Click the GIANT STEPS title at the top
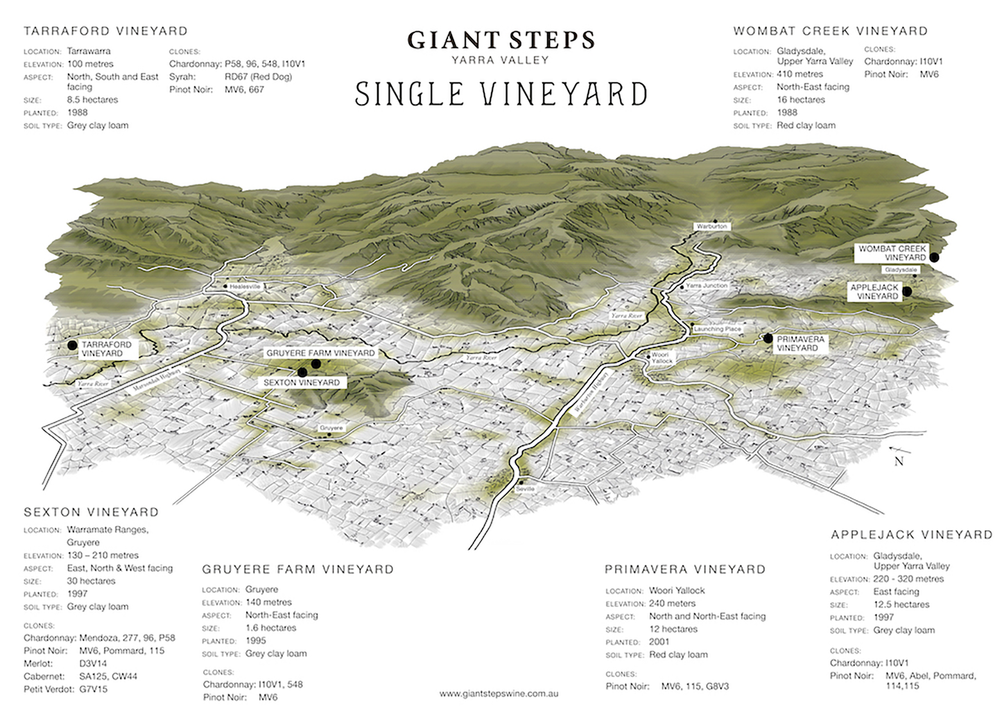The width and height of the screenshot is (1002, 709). point(501,40)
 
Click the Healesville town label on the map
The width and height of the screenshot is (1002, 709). point(243,286)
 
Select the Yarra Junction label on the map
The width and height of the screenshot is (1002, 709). point(706,286)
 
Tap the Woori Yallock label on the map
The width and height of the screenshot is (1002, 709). point(662,358)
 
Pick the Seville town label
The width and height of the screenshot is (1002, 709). point(526,488)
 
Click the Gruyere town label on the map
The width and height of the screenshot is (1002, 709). point(331,428)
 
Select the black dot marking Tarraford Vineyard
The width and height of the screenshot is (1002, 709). point(71,345)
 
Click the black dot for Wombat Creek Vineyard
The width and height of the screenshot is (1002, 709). point(934,257)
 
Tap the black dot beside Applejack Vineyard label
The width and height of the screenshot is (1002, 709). point(908,292)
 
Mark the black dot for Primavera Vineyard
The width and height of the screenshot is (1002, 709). point(768,339)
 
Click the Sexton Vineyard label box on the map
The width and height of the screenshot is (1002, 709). point(301,382)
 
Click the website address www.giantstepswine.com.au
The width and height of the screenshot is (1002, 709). point(499,693)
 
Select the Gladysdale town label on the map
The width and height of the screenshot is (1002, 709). point(901,269)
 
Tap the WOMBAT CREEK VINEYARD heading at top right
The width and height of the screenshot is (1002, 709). point(830,31)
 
